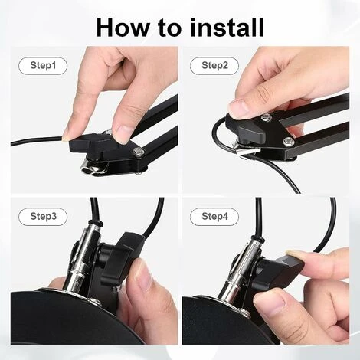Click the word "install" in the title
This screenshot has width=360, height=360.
pos(227,27)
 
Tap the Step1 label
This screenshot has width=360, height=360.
pos(43,66)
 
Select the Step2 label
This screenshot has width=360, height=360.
pos(214,66)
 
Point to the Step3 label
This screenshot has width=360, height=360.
pos(43,217)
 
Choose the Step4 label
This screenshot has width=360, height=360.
pos(214,217)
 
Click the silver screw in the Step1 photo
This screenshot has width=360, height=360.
pos(138,152)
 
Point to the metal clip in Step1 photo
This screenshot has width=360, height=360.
pos(95,167)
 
